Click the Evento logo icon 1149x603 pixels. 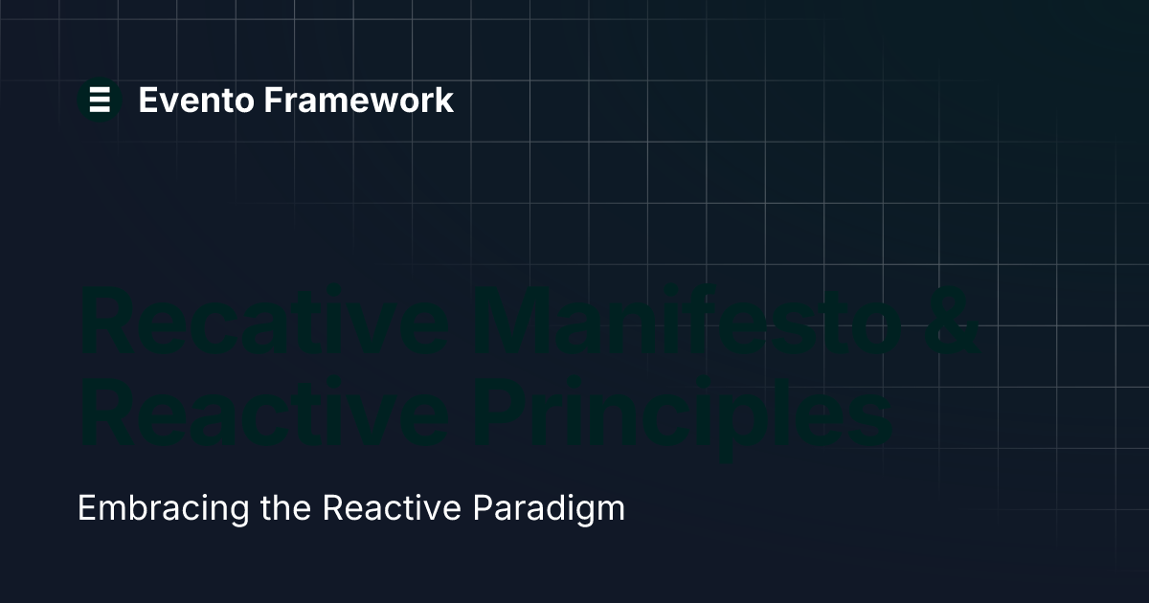100,100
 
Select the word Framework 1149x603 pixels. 359,100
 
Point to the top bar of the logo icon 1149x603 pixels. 100,90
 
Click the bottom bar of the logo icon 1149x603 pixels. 100,109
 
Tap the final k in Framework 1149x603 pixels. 443,100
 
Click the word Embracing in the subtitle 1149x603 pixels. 162,507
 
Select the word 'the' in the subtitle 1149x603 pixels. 285,507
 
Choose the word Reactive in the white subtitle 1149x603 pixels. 391,507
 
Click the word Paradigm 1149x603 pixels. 549,507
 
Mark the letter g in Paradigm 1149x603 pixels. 584,511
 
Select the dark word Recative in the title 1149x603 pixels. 263,321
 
